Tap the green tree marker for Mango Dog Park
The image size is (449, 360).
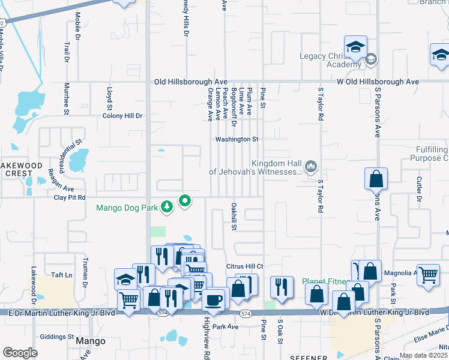167,208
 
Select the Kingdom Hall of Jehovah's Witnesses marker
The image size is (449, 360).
311,166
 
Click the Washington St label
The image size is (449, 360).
237,139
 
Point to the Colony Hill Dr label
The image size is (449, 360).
122,116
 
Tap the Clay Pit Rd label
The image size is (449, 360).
70,197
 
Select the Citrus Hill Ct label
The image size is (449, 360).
244,266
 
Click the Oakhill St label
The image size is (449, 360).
235,217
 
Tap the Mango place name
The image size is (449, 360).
91,341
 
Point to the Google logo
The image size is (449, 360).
20,353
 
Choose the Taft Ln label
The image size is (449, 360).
61,275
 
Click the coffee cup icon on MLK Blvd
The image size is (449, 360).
212,299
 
